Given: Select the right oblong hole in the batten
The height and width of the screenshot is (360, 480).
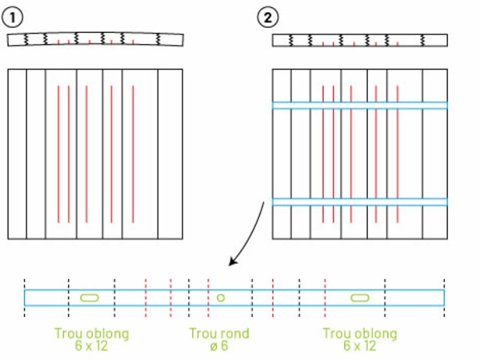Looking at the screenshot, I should click(359, 298).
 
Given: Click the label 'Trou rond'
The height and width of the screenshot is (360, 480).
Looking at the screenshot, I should click(218, 334).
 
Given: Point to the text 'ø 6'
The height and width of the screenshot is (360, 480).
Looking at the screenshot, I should click(218, 346).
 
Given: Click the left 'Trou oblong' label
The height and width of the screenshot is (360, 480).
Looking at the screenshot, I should click(92, 334).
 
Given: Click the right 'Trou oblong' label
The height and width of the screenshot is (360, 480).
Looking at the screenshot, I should click(359, 334).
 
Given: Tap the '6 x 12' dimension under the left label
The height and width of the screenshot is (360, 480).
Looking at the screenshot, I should click(92, 346).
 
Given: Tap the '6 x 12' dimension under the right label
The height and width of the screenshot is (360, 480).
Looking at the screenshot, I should click(359, 346).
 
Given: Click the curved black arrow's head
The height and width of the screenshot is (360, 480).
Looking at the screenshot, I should click(233, 263).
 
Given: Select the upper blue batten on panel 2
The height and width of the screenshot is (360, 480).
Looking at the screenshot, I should click(359, 106).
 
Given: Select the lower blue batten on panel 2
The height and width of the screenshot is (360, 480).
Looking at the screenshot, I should click(359, 202).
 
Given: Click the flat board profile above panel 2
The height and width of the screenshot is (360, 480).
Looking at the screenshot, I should click(359, 40).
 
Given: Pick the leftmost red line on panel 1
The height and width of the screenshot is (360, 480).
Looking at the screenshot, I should click(58, 152).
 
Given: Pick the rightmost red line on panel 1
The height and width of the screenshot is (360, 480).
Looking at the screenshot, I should click(133, 152).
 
